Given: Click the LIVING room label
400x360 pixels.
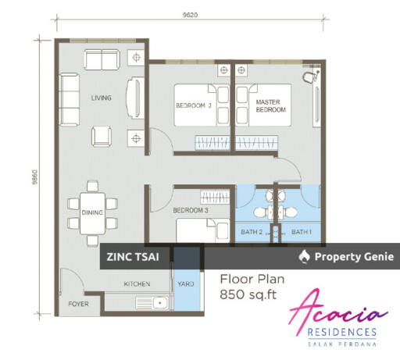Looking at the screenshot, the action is pos(101,98).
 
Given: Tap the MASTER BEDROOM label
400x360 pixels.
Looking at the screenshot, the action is pos(270,106).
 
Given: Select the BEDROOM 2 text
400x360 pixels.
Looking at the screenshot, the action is pos(194,105).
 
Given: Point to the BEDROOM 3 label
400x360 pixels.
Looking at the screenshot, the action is pos(191,210).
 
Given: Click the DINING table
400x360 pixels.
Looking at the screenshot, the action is pos(92,213).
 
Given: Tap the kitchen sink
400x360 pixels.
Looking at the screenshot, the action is pos(152,303).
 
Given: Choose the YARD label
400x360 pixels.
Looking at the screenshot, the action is pos(186,283).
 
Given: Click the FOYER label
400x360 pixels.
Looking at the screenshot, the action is pos(78,304).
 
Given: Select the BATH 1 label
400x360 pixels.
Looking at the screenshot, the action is pos(302,232).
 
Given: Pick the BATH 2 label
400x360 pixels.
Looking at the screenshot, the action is pos(252,232).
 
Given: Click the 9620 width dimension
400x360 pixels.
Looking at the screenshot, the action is pos(190,15).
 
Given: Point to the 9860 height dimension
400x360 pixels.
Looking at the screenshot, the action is pos(35,177).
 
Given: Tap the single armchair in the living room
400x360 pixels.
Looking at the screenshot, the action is pos(102,136).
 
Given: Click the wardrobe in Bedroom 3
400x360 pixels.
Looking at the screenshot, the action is pos(215,197).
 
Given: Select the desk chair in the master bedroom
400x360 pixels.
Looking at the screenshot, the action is pos(309,77).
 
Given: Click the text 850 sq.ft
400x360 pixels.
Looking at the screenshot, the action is pos(248,294).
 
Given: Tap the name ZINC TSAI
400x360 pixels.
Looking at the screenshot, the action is pos(133,257).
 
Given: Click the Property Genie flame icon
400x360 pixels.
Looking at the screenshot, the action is pos(305,257).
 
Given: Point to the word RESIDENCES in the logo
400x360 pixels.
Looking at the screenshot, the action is pos(342,333).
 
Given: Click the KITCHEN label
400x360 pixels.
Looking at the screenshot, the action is pos(137,283).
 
